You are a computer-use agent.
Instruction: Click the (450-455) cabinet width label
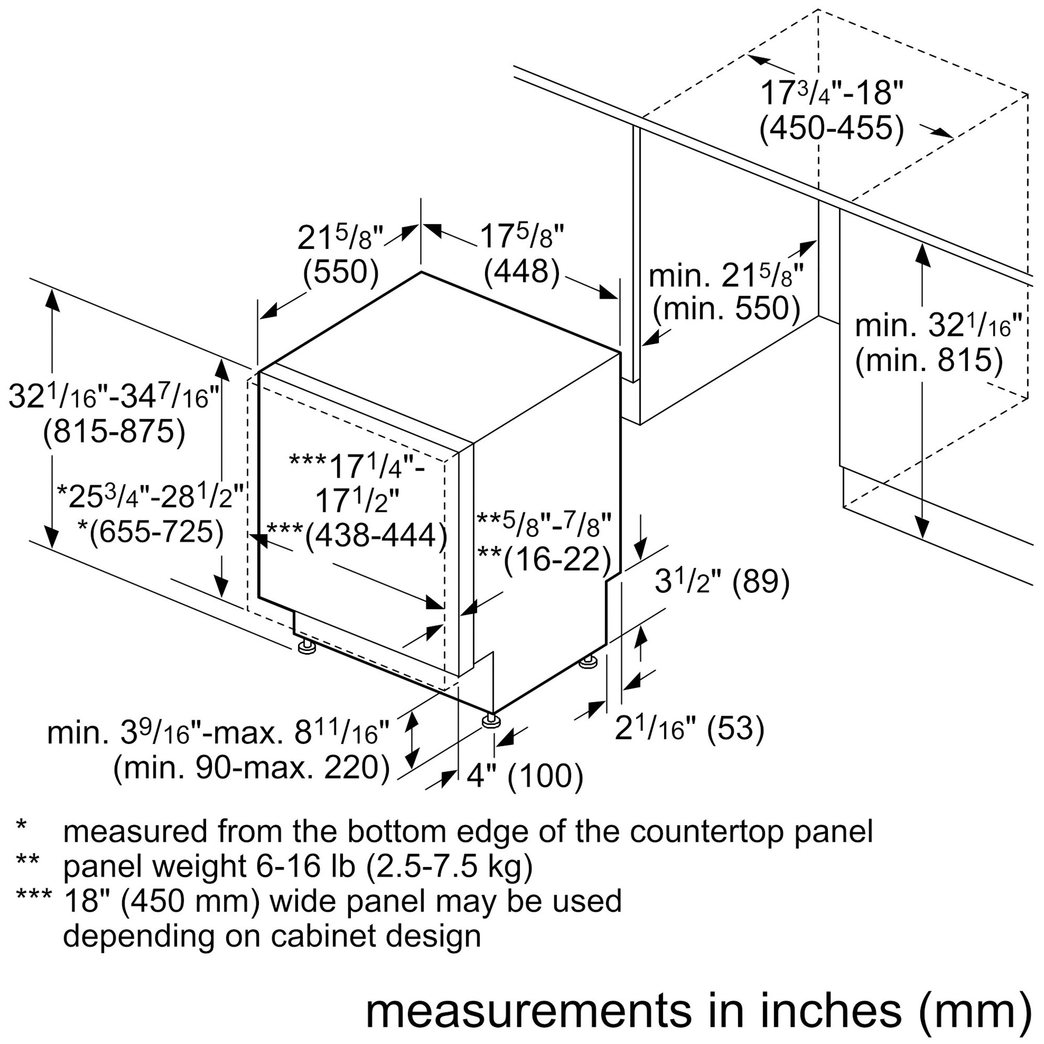pos(832,129)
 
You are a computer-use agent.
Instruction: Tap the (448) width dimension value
pos(521,271)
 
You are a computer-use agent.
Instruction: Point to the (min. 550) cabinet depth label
pos(726,309)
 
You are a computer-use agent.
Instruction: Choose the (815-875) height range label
pos(114,432)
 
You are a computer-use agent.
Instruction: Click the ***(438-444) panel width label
pos(357,536)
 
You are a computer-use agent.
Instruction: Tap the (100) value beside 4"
pos(545,777)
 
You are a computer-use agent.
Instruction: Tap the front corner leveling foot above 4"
pos(491,721)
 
